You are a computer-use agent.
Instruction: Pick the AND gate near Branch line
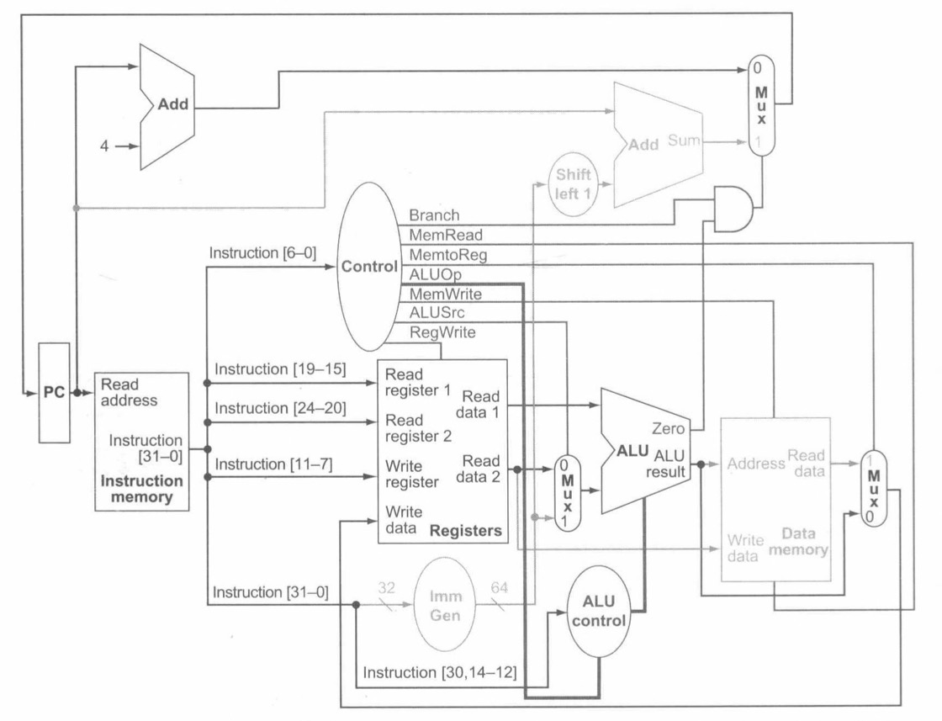click(x=733, y=209)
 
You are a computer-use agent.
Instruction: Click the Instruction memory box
click(x=142, y=439)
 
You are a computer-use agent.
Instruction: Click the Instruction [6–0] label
click(x=262, y=252)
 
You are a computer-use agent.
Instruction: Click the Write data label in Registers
click(x=403, y=521)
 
